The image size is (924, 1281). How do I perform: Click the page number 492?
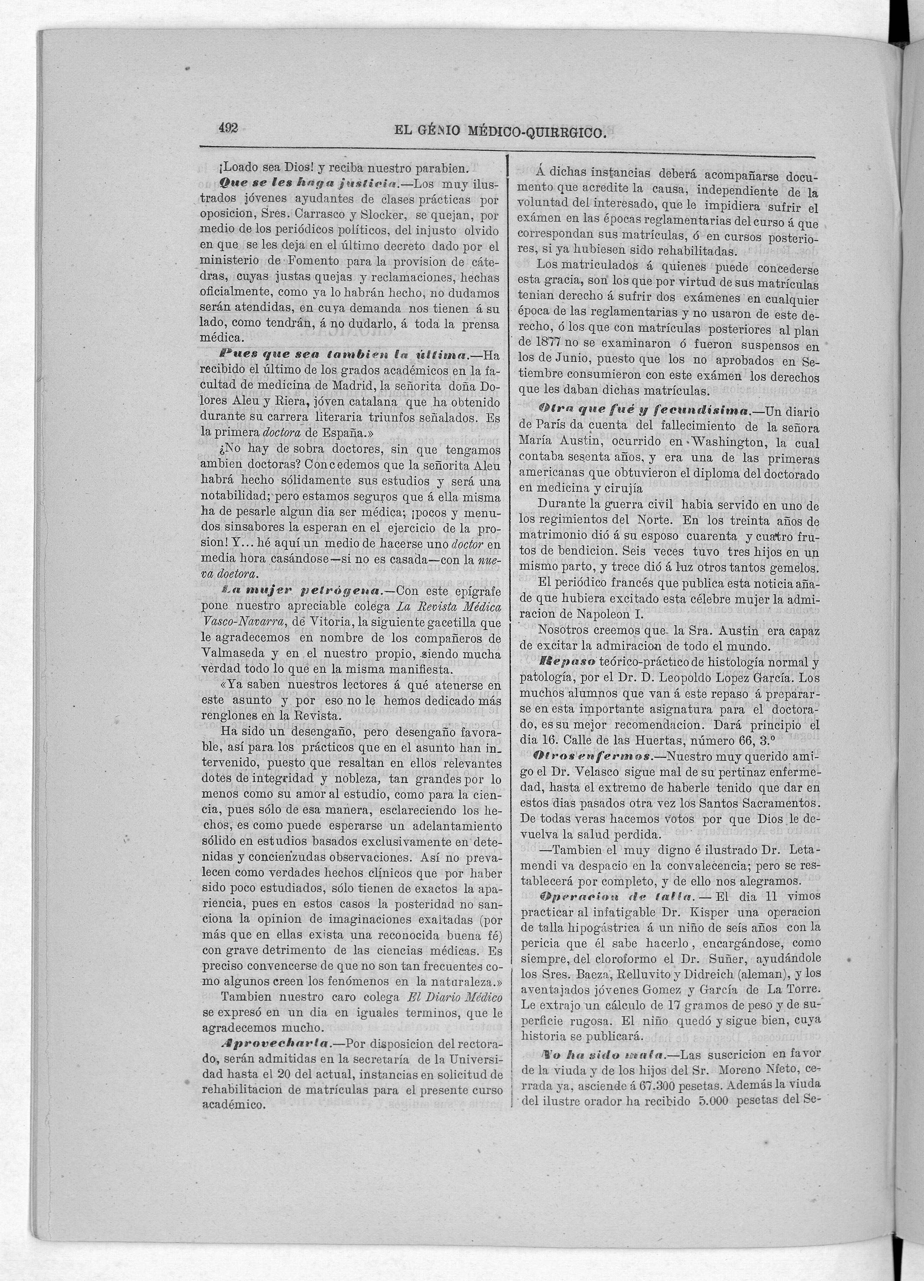[229, 128]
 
